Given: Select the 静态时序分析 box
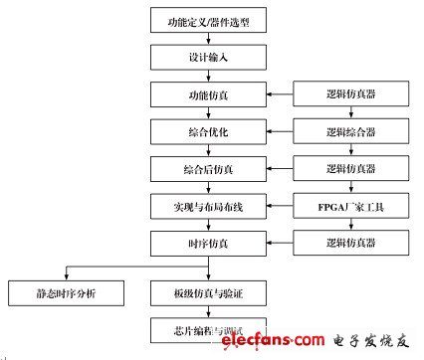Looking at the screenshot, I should click(66, 293).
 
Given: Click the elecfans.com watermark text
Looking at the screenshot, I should click(260, 343).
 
